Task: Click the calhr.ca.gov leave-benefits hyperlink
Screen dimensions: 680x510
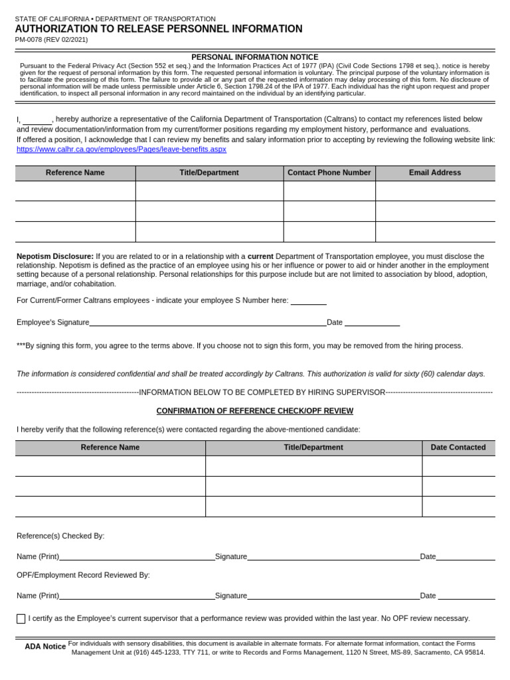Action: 122,149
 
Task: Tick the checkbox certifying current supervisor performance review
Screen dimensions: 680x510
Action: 21,619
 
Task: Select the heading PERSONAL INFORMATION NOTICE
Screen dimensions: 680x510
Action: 254,57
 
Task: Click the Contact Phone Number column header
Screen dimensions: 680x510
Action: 329,173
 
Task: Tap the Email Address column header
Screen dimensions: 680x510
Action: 434,173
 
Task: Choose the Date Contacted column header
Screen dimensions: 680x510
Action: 458,448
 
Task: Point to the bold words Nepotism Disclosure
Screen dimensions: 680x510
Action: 55,256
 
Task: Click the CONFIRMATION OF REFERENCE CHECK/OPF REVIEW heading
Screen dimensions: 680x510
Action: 254,411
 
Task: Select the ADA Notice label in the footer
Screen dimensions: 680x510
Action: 45,646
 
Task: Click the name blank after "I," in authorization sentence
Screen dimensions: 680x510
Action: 37,120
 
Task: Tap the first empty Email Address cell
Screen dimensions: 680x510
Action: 434,191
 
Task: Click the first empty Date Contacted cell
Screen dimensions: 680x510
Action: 458,466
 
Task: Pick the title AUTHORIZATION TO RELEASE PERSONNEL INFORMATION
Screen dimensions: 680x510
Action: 159,29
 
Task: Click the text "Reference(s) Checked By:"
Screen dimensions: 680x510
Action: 60,536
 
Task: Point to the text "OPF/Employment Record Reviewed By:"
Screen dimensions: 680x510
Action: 83,575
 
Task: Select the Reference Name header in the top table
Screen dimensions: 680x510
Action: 75,173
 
